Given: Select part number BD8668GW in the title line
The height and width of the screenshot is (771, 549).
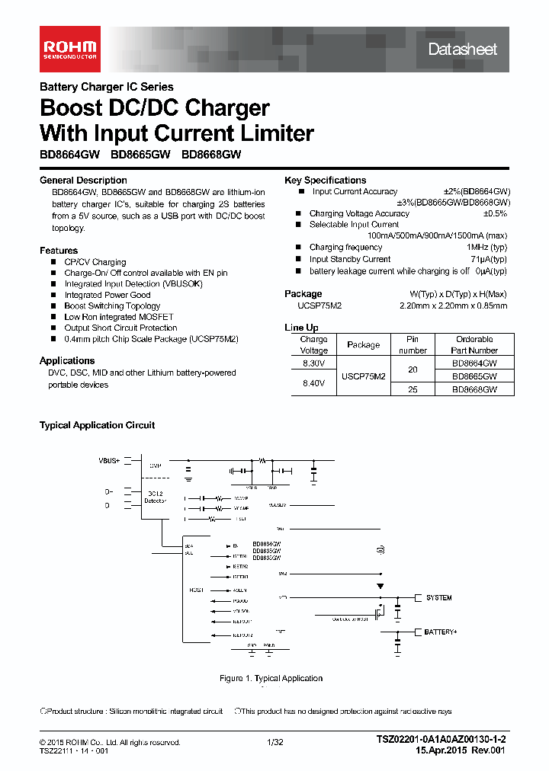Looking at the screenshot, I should tap(211, 154).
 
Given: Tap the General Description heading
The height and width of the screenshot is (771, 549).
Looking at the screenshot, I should tap(83, 181).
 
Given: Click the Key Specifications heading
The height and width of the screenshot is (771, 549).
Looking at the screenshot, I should tap(325, 181).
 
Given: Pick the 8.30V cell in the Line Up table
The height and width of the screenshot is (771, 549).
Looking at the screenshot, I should tap(313, 365).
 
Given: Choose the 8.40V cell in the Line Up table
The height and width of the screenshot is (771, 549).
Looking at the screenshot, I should tap(313, 383).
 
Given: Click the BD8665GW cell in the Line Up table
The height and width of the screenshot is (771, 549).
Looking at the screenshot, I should tap(474, 376).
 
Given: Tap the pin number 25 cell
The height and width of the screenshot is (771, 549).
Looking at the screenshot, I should tap(413, 389).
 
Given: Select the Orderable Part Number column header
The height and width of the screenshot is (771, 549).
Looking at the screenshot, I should tap(474, 345).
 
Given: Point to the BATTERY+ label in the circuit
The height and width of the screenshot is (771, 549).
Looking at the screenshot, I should tap(441, 632).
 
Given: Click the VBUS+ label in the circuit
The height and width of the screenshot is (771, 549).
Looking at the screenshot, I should tap(109, 461).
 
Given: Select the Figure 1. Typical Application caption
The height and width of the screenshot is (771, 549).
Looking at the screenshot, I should tap(271, 678).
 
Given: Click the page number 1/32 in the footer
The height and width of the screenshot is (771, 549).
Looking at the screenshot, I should tap(274, 742).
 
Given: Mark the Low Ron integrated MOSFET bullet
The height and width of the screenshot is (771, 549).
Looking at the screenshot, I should tap(119, 317).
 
